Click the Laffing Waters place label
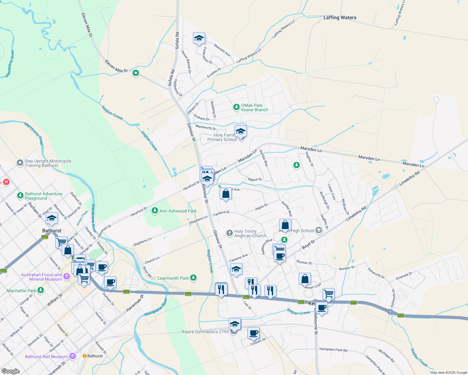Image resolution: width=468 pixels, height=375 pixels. [340, 17]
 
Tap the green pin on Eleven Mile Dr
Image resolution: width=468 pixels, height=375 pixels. [135, 73]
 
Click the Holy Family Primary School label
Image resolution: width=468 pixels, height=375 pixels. [222, 137]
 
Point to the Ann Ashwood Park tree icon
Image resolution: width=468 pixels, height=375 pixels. [155, 211]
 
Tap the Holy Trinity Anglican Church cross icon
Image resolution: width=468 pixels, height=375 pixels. [230, 233]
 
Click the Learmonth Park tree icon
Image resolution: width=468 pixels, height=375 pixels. [193, 277]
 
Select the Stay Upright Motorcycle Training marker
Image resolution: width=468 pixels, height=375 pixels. [20, 163]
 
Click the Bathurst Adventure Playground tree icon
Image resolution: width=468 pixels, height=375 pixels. [20, 196]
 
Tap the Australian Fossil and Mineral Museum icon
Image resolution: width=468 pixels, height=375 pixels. [66, 276]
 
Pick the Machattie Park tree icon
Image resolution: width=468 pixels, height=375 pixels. [40, 290]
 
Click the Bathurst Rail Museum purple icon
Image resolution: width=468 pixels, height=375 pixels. [73, 356]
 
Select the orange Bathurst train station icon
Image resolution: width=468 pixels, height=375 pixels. [84, 356]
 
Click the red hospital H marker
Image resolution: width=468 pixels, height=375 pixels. [6, 182]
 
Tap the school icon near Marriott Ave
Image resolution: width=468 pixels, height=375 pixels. [199, 38]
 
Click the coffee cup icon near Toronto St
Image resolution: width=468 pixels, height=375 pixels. [254, 333]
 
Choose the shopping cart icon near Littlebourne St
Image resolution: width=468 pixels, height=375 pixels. [328, 293]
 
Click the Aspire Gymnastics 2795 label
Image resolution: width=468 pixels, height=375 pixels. [205, 332]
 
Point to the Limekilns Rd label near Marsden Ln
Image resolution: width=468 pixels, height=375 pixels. [409, 178]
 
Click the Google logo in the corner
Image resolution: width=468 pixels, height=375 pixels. [10, 371]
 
